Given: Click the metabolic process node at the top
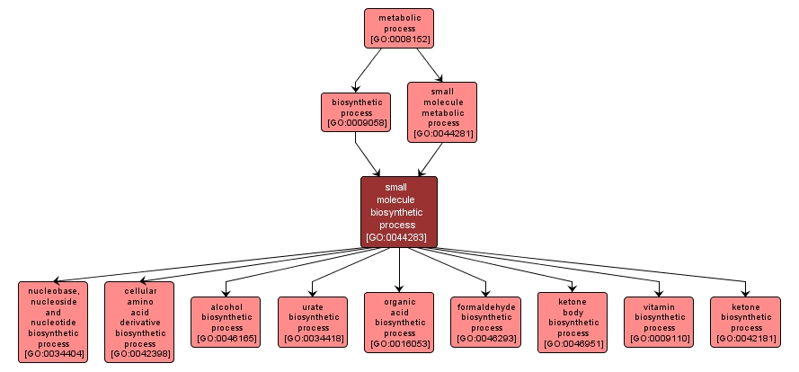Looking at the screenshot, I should (398, 28).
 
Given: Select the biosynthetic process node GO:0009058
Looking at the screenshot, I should (356, 111).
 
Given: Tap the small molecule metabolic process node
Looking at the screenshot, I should (442, 111).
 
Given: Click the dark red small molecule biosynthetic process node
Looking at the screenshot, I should (399, 212).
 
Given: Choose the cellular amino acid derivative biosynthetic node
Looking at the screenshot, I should (140, 322).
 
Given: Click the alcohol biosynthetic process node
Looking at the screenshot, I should (226, 322).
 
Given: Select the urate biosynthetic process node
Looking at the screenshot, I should (313, 322).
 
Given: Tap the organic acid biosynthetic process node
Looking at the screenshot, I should (399, 322).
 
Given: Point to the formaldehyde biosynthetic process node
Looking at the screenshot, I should (485, 322).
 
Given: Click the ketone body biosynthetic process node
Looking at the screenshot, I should (573, 322).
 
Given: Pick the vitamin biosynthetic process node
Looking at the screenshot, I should (659, 322).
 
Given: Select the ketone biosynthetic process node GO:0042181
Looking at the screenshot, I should (745, 322).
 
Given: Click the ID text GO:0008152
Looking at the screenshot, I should (398, 40).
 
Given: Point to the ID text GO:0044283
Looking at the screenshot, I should (399, 237).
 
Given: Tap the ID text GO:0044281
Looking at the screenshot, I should (442, 135).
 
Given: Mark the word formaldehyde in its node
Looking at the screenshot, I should (485, 306).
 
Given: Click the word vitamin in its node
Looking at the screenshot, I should (659, 306).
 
